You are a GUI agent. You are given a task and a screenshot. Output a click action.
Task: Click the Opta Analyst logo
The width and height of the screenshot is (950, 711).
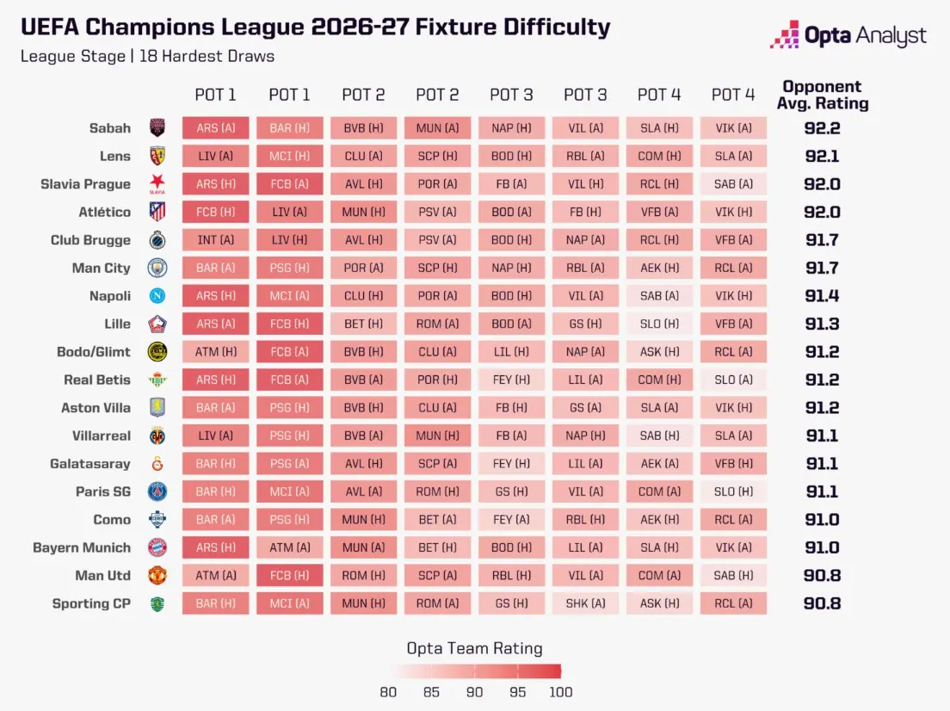click(848, 35)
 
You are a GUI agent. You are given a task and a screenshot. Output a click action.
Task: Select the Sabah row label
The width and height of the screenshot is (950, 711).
click(109, 128)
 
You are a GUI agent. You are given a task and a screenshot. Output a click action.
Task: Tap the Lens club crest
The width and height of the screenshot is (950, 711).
click(157, 157)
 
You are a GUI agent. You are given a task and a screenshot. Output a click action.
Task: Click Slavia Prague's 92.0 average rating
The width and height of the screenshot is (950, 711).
click(822, 184)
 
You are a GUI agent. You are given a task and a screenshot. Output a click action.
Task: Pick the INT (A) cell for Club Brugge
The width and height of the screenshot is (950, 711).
click(216, 240)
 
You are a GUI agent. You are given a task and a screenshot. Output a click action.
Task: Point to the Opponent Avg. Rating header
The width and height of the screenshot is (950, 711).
click(822, 96)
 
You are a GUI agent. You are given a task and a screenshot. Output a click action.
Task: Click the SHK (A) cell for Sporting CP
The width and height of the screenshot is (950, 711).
click(585, 603)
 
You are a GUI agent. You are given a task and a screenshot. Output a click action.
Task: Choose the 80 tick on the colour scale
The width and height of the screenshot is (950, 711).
click(388, 692)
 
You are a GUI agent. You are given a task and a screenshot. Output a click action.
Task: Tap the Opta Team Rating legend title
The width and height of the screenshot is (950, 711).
click(474, 648)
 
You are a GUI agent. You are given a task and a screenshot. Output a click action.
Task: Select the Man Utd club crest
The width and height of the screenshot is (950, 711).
click(157, 576)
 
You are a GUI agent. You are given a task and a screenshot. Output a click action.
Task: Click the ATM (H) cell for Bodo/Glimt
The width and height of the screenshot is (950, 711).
click(216, 352)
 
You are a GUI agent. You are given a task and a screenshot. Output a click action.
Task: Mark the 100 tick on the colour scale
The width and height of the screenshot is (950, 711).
click(560, 692)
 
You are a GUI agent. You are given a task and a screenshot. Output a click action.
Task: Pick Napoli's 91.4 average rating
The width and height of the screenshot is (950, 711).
click(822, 296)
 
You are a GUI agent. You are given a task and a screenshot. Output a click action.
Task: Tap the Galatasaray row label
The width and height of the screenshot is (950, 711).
click(90, 464)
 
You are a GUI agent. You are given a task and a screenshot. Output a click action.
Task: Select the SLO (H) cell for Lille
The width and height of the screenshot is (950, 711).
click(659, 325)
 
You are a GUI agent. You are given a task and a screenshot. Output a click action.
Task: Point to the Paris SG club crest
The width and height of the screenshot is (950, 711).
click(157, 492)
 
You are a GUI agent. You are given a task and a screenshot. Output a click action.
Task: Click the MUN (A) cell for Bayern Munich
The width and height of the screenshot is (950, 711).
click(363, 548)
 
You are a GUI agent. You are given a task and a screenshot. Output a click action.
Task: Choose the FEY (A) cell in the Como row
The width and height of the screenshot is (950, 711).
click(511, 520)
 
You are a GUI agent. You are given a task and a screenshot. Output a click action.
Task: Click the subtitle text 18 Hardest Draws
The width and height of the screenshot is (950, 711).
click(207, 56)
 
